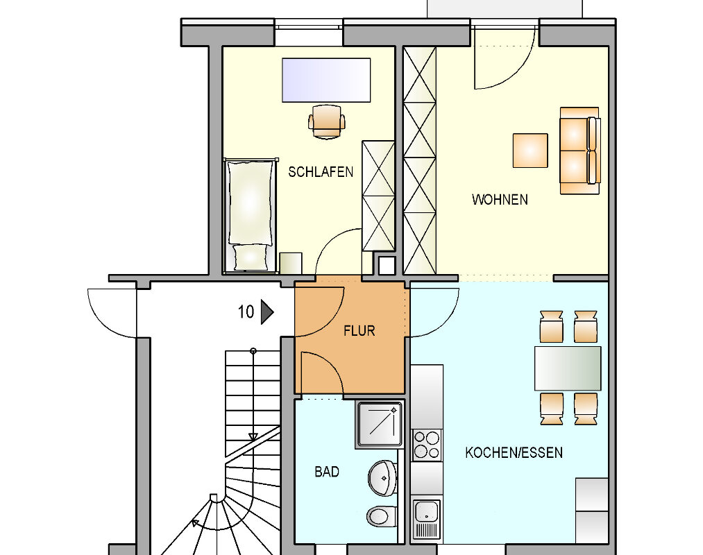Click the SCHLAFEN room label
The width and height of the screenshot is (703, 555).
321,172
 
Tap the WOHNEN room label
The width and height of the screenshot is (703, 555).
500,200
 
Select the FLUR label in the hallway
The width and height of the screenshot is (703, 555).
359,331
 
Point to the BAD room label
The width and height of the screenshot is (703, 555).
327,472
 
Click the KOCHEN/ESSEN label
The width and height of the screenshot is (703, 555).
514,453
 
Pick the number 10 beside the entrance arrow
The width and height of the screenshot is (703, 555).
246,312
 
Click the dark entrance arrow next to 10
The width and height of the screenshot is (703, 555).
266,312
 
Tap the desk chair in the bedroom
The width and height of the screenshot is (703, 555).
326,121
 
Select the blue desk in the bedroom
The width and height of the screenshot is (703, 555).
326,80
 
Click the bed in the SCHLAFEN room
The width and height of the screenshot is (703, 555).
250,215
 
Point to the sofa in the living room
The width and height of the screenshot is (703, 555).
579,151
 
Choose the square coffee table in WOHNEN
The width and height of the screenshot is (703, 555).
530,151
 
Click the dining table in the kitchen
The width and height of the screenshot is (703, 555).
568,368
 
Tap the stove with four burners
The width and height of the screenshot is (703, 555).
427,445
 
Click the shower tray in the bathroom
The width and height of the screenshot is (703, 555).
379,423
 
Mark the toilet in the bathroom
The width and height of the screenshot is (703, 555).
380,515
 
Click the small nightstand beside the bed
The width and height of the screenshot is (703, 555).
291,264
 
